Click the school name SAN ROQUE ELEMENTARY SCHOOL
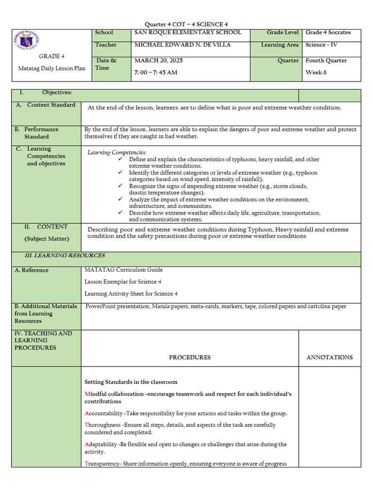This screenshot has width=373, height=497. (187, 33)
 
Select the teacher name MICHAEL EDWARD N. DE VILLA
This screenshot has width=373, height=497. (182, 45)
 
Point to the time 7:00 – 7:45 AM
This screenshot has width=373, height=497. (155, 72)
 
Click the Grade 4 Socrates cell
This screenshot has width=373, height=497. (328, 33)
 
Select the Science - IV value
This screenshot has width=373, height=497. (322, 45)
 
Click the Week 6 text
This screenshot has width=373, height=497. (316, 72)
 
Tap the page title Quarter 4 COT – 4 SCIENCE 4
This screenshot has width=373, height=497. (186, 24)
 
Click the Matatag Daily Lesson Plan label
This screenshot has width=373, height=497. (51, 68)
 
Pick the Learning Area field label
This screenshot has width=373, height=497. (280, 45)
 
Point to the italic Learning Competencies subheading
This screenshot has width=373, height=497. (116, 152)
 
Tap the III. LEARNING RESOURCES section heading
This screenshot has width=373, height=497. (65, 256)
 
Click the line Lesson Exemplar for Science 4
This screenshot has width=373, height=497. (123, 282)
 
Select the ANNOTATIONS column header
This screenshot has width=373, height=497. (329, 357)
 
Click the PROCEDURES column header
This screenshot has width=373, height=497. (189, 357)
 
